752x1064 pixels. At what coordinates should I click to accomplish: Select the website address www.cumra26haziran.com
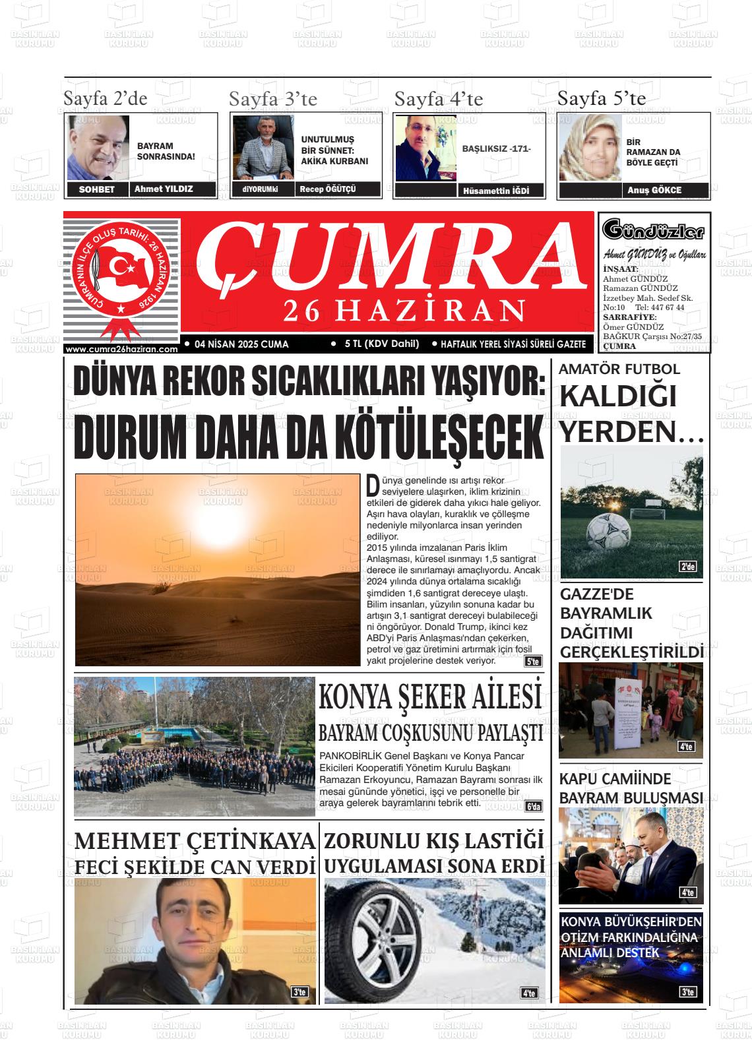[122, 349]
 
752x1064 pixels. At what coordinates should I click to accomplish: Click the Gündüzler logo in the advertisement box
[654, 231]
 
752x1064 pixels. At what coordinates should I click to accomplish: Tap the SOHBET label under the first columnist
[96, 189]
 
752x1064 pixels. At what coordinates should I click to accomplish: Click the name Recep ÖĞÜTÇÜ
[327, 189]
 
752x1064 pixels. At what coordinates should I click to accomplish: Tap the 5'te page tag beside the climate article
[532, 661]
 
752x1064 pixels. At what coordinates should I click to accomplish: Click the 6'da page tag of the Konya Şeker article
[533, 807]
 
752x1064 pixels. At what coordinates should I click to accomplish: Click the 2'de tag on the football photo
[687, 567]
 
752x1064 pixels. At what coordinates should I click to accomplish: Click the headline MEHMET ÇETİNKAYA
[194, 841]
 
